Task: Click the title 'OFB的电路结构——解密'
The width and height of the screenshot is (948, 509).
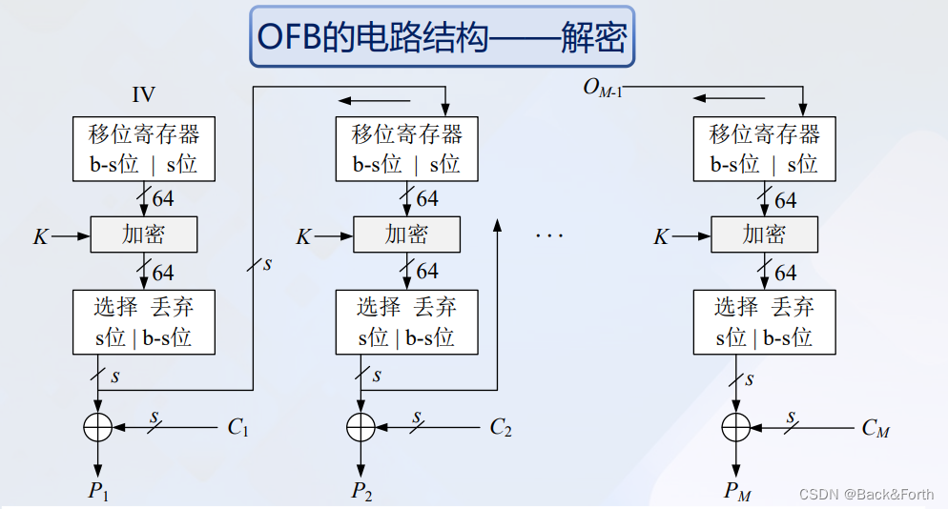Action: point(442,38)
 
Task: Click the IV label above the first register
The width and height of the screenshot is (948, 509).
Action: point(143,94)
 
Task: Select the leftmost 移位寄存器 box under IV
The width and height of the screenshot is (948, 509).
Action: point(143,149)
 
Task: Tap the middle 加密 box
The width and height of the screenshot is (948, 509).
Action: point(406,234)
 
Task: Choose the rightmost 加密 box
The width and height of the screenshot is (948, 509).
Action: point(764,234)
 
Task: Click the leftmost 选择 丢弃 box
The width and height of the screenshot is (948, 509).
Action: point(143,322)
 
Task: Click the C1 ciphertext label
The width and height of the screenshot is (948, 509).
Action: point(237,427)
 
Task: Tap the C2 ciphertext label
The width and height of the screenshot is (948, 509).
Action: point(501,427)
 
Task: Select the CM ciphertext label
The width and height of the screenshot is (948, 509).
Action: point(876,428)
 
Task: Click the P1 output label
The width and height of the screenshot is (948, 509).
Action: point(99,491)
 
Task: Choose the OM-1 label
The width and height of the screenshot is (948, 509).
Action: point(603,90)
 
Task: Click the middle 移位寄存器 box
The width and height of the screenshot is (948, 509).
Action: point(406,149)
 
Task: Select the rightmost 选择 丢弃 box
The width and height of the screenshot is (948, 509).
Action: point(764,322)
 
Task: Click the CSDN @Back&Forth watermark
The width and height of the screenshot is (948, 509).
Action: point(866,494)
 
